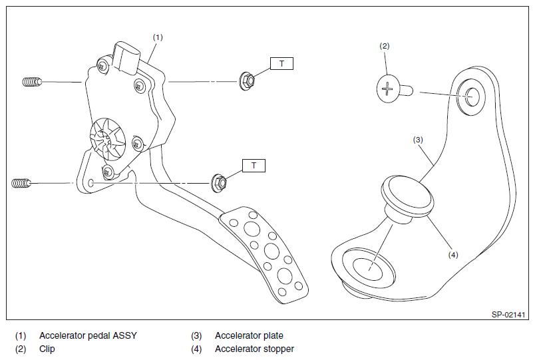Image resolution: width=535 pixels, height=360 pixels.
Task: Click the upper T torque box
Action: (281, 63)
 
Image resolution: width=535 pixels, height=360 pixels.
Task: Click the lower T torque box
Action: (254, 164)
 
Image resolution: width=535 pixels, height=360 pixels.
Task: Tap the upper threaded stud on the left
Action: (31, 82)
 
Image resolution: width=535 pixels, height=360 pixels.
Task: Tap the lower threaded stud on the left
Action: (21, 182)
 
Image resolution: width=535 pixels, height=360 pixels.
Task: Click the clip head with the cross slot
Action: (388, 89)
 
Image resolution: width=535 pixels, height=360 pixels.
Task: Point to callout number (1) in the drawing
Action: (158, 37)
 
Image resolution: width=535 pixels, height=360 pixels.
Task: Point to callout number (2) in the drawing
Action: (384, 46)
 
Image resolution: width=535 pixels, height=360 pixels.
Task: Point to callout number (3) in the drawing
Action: (418, 140)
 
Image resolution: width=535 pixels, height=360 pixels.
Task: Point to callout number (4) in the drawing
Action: (452, 254)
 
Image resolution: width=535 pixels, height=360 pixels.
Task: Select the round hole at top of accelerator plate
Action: (472, 97)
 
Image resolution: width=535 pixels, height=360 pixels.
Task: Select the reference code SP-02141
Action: (510, 314)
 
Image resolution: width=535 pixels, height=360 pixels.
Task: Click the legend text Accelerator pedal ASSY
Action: (88, 335)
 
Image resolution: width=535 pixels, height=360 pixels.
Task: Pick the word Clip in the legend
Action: (47, 349)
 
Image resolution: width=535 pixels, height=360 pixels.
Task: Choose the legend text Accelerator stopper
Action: (254, 349)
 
